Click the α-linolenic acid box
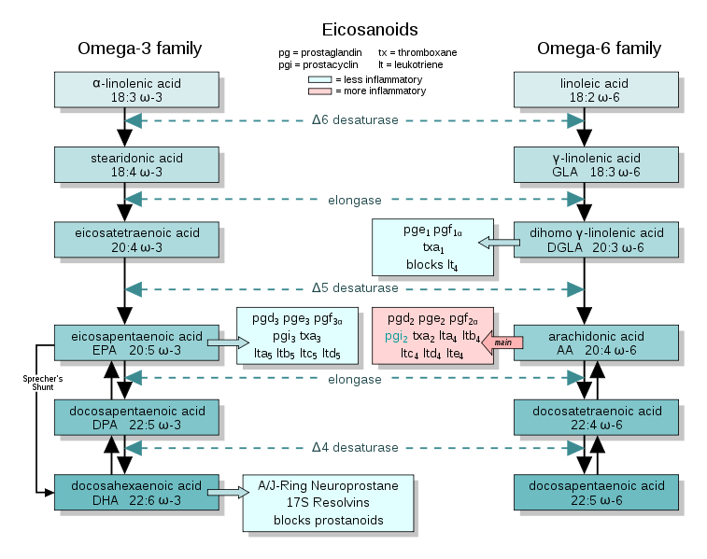point(136,90)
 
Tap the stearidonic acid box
point(136,165)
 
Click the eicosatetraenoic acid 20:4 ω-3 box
point(136,240)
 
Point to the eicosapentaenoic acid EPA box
point(136,342)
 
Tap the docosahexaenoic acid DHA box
point(136,493)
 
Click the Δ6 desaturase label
point(354,120)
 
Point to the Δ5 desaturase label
point(354,287)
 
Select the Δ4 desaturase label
point(354,447)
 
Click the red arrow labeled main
point(502,342)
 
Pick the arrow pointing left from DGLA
point(499,244)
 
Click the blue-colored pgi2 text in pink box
point(397,335)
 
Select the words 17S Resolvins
point(328,503)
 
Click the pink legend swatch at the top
point(319,91)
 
